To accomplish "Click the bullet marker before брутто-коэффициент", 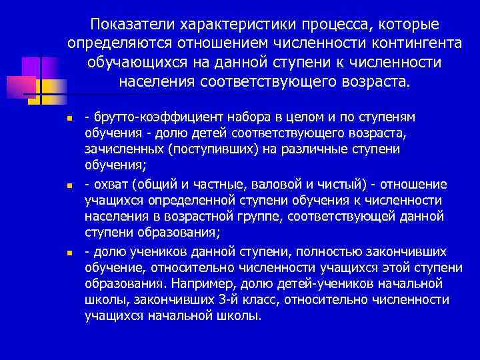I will click(79, 119).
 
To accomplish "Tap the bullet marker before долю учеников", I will click(79, 252).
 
